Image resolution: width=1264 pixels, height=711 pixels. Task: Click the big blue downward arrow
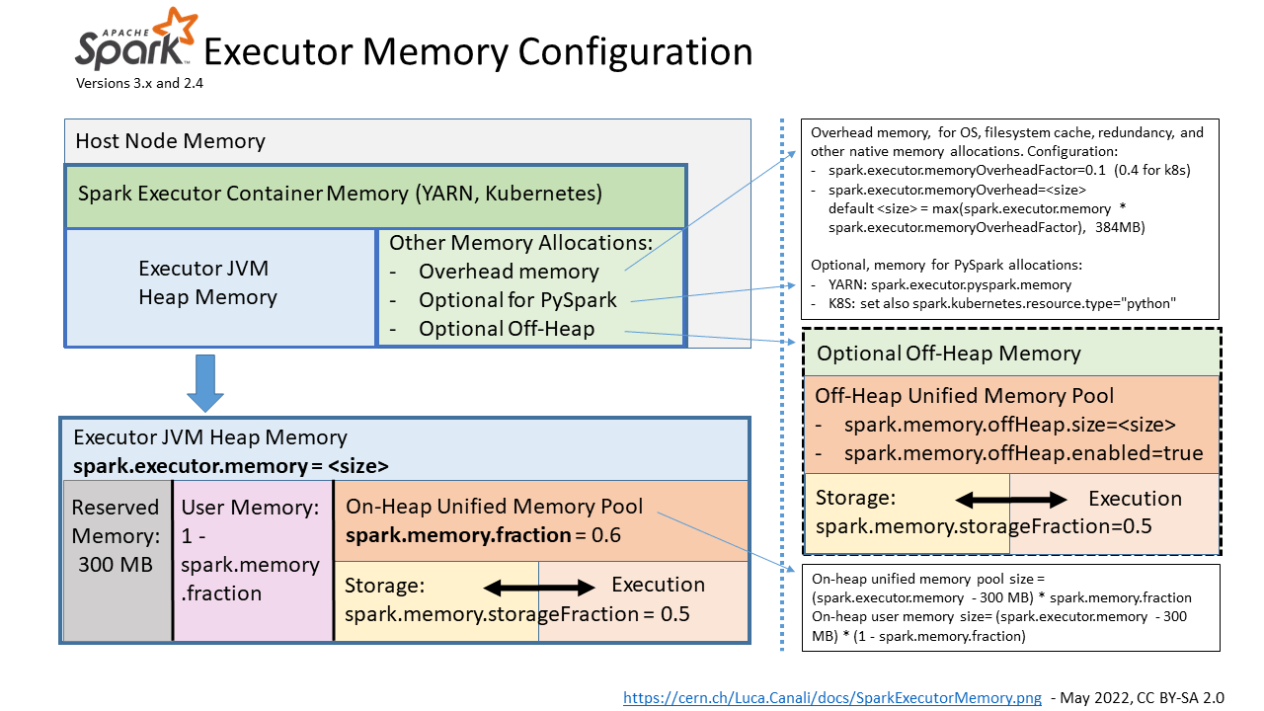[206, 382]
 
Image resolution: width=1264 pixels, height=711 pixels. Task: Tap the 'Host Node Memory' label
[170, 141]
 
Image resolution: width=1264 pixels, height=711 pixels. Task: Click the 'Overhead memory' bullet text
[509, 272]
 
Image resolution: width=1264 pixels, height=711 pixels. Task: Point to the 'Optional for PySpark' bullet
[517, 300]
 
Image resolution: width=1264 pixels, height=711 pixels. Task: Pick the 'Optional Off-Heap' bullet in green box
[507, 329]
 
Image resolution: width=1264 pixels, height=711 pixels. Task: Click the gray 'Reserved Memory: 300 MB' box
[116, 535]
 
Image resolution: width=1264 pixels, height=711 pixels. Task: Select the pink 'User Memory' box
[250, 550]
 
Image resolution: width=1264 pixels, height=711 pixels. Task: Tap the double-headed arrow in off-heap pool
[1011, 501]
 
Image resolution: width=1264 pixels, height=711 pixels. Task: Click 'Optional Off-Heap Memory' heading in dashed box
[948, 354]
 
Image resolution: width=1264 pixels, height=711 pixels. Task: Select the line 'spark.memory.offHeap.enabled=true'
[1023, 454]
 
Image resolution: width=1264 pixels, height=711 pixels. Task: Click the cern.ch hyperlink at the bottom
[831, 698]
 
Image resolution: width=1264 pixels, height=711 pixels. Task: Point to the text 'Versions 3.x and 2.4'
[139, 84]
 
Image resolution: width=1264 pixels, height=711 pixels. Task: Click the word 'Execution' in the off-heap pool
[1135, 499]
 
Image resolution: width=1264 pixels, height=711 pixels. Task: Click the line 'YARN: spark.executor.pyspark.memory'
[950, 284]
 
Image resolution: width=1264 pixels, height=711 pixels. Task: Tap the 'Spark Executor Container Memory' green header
[340, 194]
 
